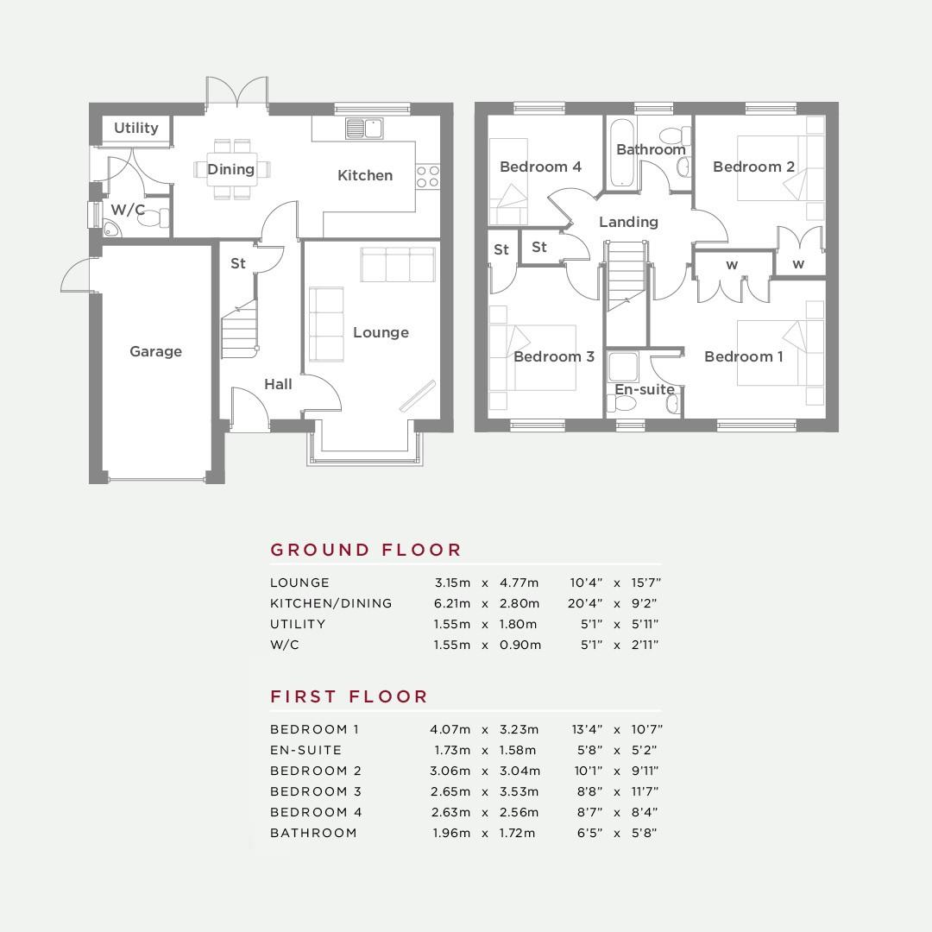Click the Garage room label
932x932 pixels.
coord(155,351)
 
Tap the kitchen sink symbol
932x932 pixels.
coord(364,129)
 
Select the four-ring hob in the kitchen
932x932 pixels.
coord(428,177)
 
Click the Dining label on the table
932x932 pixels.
coord(231,169)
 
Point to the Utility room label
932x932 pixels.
coord(136,128)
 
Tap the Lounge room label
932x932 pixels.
coord(381,332)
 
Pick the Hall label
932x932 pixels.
coord(278,384)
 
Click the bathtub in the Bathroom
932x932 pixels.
coord(622,153)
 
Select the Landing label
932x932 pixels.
coord(629,223)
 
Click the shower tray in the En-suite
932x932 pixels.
coord(623,366)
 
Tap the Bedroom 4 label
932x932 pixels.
coord(540,167)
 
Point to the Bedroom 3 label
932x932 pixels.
coord(554,356)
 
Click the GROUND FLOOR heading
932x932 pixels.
coord(366,550)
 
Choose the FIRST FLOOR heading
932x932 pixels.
coord(349,696)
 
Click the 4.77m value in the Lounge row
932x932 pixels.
coord(519,582)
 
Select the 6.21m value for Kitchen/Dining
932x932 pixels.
coord(451,603)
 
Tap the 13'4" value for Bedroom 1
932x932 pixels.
coord(588,729)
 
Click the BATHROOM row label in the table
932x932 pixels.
coord(313,833)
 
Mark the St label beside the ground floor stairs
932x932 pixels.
coord(238,263)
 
